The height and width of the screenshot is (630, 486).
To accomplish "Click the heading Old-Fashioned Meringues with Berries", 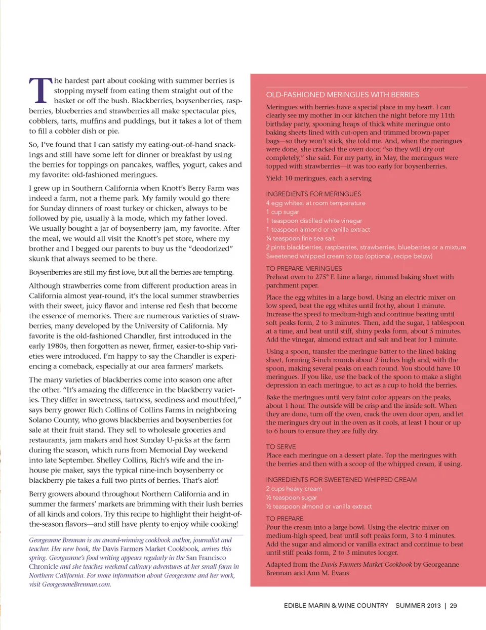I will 342,95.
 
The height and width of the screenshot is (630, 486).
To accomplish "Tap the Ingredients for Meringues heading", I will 313,194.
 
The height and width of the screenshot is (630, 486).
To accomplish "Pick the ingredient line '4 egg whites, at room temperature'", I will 315,203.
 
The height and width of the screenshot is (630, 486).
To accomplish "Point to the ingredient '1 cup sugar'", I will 282,212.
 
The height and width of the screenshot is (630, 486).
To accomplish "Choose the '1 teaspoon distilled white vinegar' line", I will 314,221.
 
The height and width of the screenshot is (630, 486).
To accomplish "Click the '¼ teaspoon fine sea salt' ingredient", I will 300,238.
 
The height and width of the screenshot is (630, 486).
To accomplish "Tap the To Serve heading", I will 281,447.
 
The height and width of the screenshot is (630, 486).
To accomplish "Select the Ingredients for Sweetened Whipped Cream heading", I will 341,480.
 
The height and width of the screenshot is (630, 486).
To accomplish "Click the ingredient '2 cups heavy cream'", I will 294,489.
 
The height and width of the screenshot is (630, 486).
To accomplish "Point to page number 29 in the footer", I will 453,605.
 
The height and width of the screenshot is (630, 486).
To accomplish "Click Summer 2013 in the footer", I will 418,605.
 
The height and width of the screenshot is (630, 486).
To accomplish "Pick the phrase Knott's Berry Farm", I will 205,188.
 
